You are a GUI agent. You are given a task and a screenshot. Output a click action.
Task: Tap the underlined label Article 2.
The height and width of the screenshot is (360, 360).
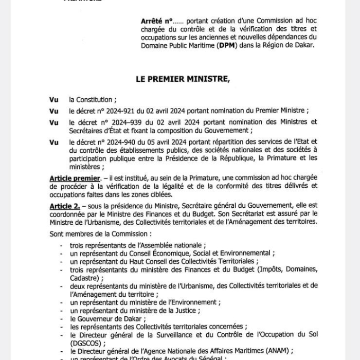click(65, 204)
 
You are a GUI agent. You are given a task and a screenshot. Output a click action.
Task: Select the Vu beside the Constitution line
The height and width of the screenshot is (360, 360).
click(53, 100)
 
